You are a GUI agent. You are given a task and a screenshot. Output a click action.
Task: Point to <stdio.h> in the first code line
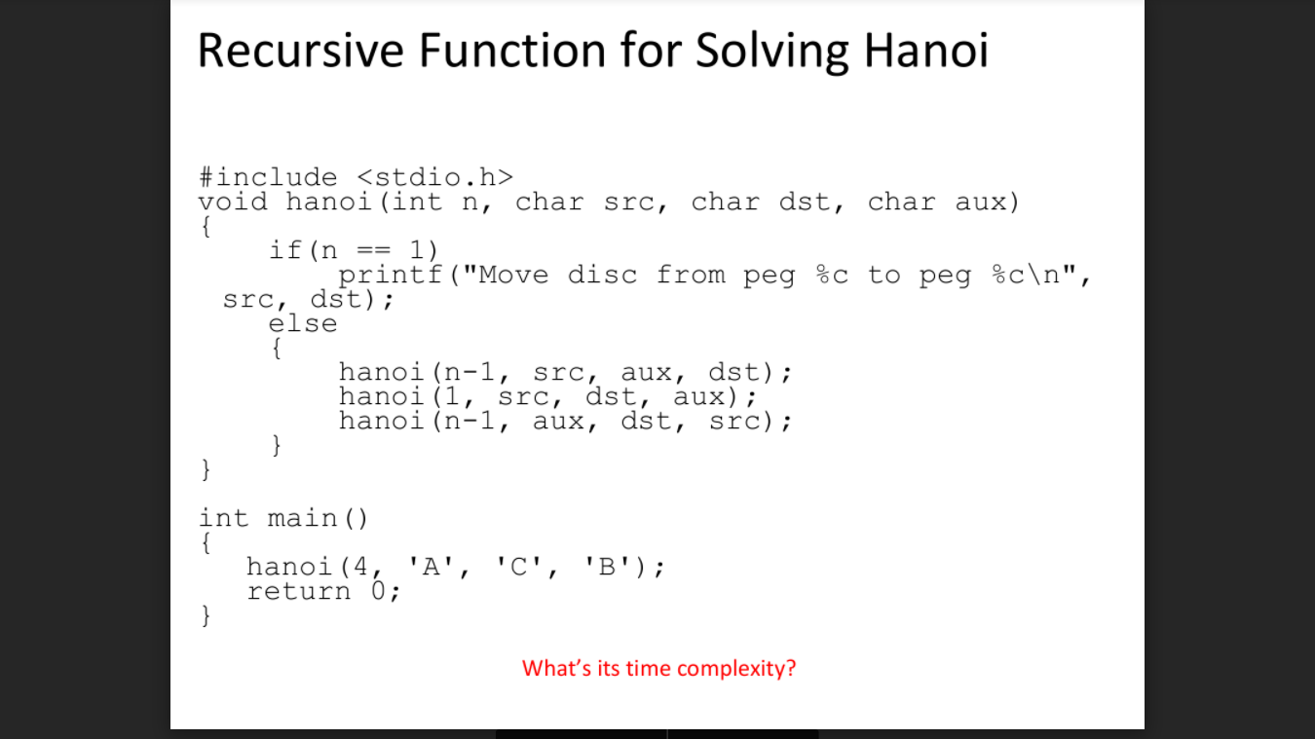coord(435,177)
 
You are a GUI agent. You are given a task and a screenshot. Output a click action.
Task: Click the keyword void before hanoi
coord(233,203)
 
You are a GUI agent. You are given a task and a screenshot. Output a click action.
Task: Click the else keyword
coord(303,324)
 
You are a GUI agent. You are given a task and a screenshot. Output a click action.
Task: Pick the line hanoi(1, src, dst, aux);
coord(547,397)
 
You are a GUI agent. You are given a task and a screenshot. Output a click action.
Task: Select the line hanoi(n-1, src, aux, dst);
coord(565,373)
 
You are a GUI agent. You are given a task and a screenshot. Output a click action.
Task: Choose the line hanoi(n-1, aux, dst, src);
coord(565,422)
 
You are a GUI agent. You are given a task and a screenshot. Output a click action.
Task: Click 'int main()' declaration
coord(283,518)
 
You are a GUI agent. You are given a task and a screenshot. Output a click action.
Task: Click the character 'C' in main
coord(522,567)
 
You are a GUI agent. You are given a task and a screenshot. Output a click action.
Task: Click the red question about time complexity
coord(658,669)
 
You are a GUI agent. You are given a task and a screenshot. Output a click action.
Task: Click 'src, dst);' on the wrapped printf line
coord(309,300)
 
